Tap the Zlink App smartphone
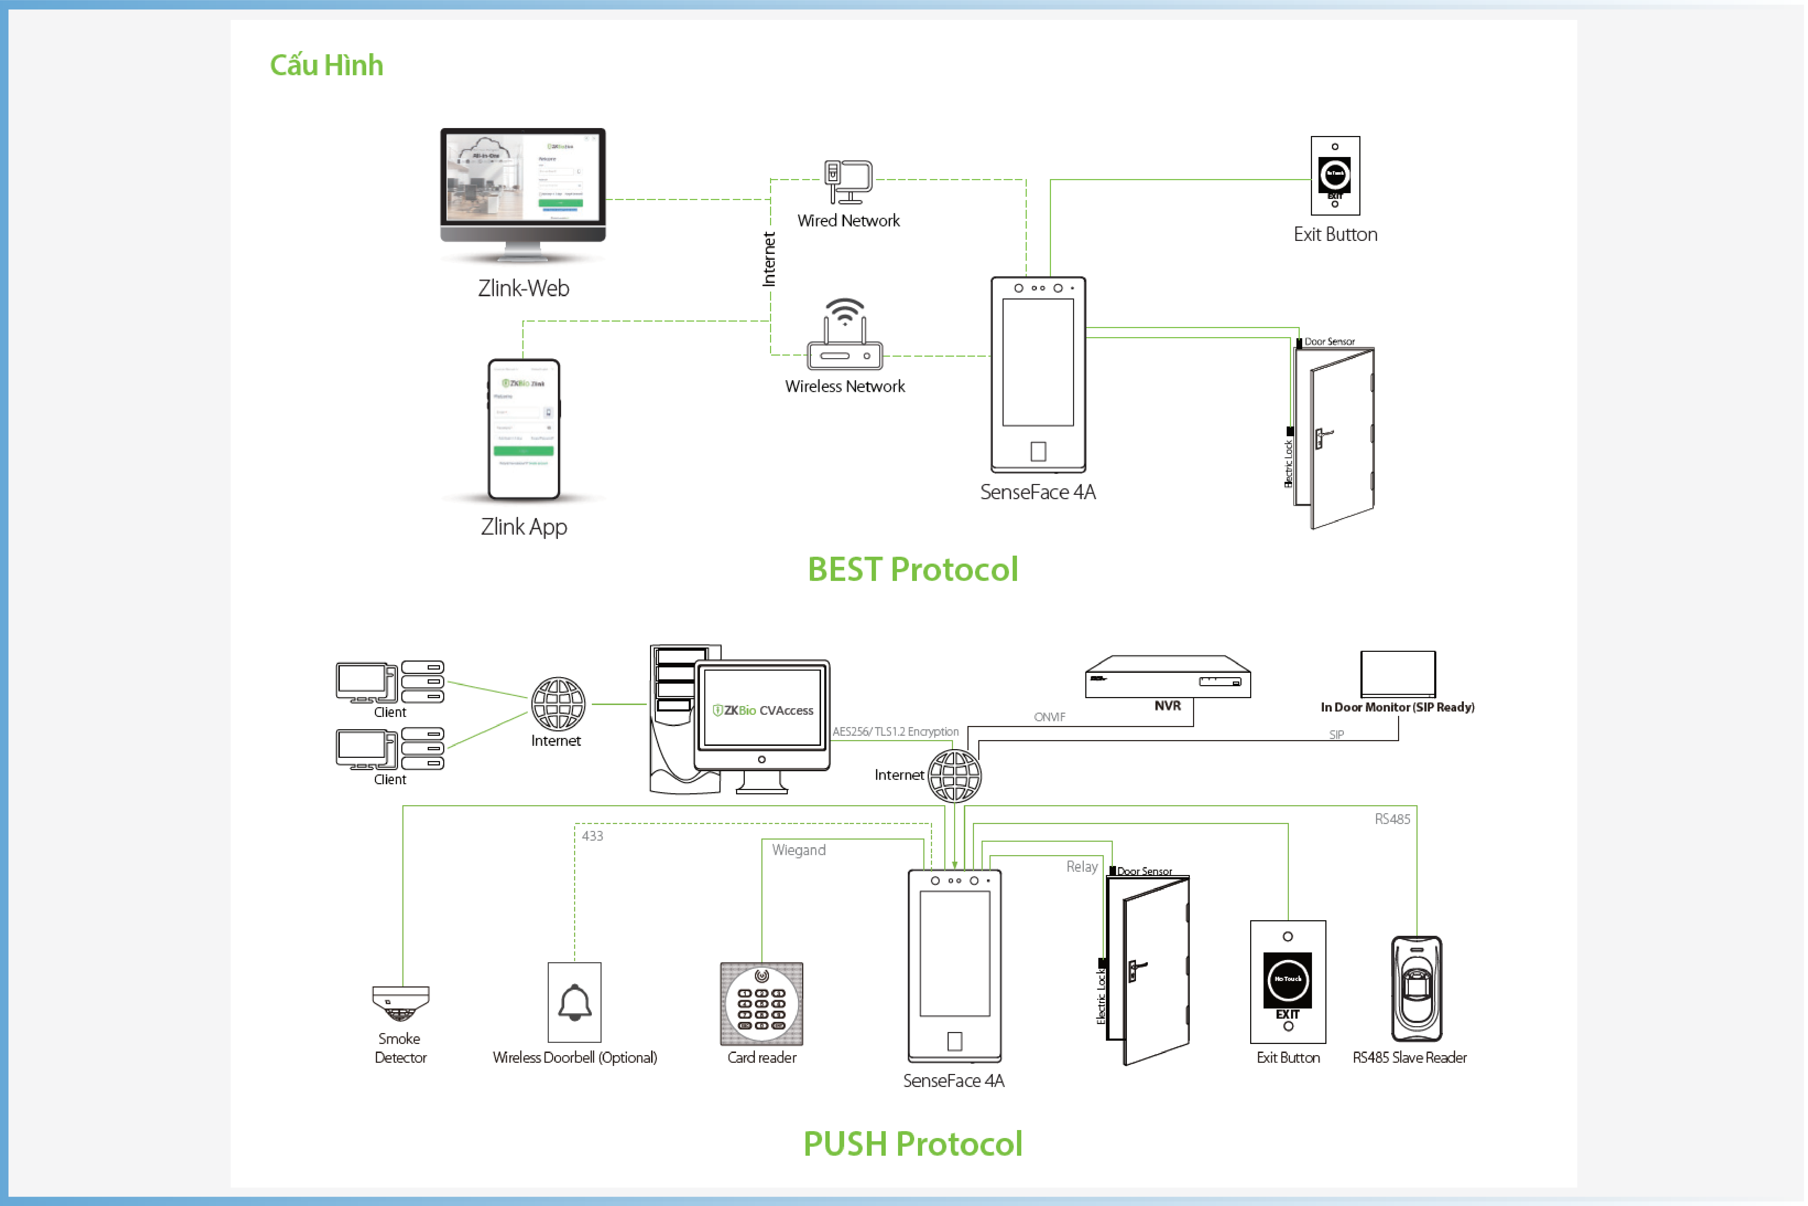524,429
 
